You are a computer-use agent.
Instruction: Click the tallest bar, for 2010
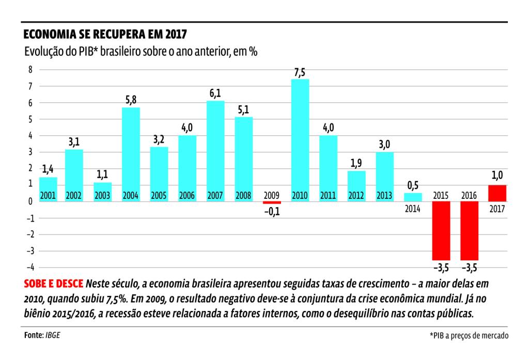coord(300,139)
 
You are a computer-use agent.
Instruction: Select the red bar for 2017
coord(497,193)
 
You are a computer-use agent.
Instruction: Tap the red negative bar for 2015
coord(441,230)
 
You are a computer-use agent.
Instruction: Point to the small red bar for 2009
coord(272,202)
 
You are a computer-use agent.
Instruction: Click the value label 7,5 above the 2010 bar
coord(300,73)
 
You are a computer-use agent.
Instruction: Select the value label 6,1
coord(215,93)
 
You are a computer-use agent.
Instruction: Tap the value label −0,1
coord(272,211)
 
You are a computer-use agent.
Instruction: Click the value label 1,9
coord(356,163)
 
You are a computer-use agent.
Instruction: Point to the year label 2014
coord(413,209)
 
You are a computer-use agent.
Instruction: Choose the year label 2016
coord(469,196)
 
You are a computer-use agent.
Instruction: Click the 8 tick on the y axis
coord(30,70)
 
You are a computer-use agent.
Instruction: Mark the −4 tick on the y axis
coord(28,268)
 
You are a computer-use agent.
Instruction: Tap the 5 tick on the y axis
coord(30,119)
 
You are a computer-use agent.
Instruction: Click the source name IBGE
coord(53,335)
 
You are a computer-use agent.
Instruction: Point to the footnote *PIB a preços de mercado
coord(469,336)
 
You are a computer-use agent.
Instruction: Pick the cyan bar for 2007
coord(215,150)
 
